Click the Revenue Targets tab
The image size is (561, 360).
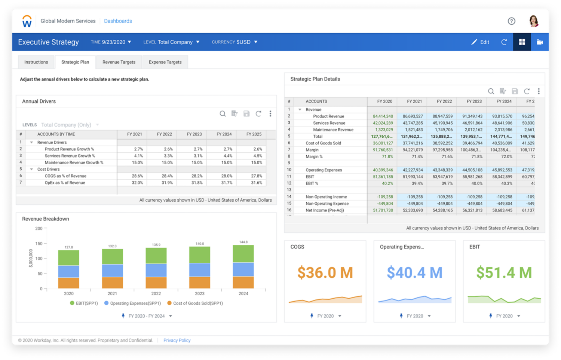click(x=119, y=62)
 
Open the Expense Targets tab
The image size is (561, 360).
click(x=165, y=62)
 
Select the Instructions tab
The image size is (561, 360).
click(x=36, y=62)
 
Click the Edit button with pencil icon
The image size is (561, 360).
click(x=480, y=42)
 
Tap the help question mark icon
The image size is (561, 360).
click(x=511, y=21)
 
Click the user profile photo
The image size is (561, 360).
click(x=534, y=21)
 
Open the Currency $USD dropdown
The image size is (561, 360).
click(x=234, y=42)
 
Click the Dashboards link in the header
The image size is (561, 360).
click(x=118, y=21)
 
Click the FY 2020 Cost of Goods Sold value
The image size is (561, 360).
click(x=383, y=143)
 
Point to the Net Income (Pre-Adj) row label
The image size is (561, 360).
click(x=325, y=210)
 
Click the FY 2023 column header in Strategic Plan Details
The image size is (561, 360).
click(x=474, y=101)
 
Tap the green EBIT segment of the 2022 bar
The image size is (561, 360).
click(x=156, y=256)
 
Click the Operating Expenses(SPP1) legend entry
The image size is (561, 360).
click(x=135, y=303)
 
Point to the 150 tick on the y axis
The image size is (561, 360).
click(x=39, y=244)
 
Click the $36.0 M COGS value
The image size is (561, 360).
click(x=325, y=272)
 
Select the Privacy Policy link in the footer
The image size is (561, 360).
click(x=177, y=340)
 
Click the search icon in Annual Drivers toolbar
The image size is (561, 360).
click(x=223, y=114)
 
